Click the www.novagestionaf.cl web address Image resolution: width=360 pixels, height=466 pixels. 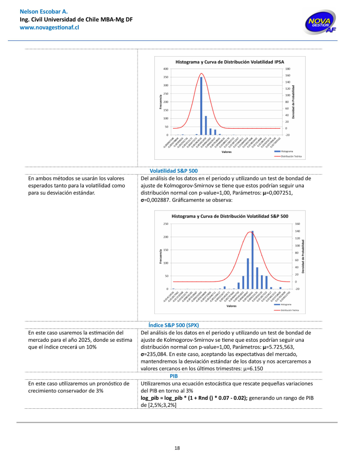(49, 28)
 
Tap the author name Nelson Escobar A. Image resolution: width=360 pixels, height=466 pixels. (43, 11)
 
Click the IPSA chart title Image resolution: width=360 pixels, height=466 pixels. (230, 62)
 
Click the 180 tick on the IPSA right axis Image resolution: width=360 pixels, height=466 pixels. (288, 69)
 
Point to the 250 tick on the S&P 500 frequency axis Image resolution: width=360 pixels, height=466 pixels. (166, 224)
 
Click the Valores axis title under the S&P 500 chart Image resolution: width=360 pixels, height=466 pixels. (231, 306)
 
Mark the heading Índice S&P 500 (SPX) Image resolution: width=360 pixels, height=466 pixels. (173, 325)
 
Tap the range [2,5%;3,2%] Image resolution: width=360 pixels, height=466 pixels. (159, 405)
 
